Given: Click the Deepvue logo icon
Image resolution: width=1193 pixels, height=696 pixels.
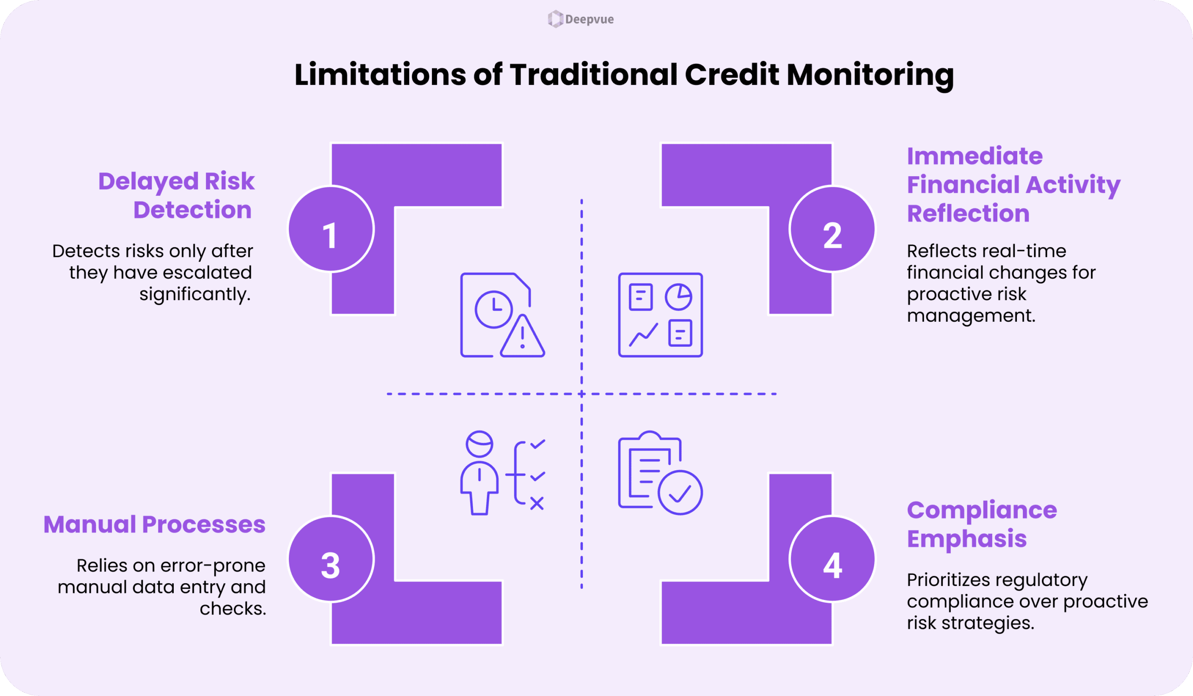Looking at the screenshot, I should [555, 20].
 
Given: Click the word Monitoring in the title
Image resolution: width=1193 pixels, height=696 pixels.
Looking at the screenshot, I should [870, 75].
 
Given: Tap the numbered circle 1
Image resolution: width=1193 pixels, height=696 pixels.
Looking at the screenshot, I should [331, 230].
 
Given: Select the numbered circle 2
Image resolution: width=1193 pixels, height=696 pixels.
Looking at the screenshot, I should [832, 230].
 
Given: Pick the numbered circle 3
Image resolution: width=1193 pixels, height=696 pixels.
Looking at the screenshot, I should [331, 559].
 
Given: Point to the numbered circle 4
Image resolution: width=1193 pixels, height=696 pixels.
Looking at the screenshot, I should [832, 559].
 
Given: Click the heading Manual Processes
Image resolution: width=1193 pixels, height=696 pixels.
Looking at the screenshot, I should [154, 524].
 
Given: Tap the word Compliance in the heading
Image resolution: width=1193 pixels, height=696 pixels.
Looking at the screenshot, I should [982, 510].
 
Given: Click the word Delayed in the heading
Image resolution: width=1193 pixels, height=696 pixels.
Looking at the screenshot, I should [148, 181].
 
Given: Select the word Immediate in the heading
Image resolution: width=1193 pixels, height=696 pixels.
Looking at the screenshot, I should [974, 156].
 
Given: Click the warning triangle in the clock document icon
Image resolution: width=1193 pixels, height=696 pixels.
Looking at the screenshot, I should [522, 337].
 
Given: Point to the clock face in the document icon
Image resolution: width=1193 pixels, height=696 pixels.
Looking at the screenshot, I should [494, 309].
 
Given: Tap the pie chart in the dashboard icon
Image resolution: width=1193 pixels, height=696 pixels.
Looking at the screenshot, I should [679, 297].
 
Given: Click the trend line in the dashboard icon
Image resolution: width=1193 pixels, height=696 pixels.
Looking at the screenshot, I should [643, 335].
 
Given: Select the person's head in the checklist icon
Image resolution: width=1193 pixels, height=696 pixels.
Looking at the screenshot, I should [479, 444].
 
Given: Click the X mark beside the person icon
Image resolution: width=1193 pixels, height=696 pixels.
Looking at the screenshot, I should [537, 503].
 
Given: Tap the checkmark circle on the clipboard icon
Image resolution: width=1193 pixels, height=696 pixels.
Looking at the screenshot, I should [680, 492].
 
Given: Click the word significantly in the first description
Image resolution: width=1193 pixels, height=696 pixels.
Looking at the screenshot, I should [195, 295].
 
